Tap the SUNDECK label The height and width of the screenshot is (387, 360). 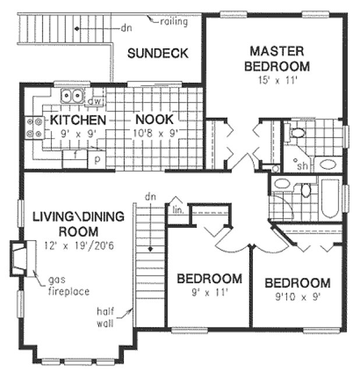click(157, 54)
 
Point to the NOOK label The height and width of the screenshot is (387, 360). click(154, 119)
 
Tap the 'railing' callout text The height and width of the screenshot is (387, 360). click(175, 22)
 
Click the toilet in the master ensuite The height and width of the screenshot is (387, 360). click(298, 132)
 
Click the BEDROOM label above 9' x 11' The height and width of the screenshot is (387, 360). click(209, 278)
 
